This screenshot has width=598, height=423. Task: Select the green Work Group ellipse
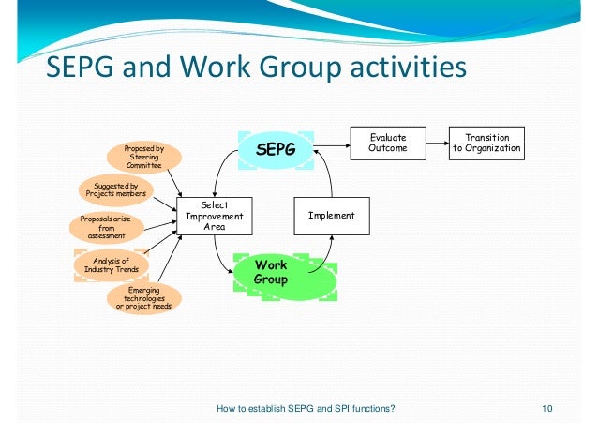271,273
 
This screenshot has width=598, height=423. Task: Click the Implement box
332,216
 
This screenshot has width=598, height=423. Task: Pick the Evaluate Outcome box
388,143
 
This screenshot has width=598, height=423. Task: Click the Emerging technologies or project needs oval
143,299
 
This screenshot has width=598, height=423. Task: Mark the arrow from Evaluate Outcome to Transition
436,143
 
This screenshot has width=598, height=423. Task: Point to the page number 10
548,408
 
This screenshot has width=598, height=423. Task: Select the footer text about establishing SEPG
305,408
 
